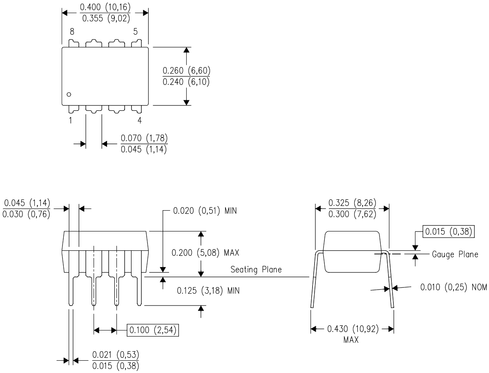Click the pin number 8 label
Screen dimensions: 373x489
[x=71, y=31]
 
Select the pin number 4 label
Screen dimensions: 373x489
[x=140, y=121]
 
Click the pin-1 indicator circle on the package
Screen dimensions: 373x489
[x=69, y=94]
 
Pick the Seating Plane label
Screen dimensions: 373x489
[x=256, y=270]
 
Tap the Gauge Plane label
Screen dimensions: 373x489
[x=455, y=254]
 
